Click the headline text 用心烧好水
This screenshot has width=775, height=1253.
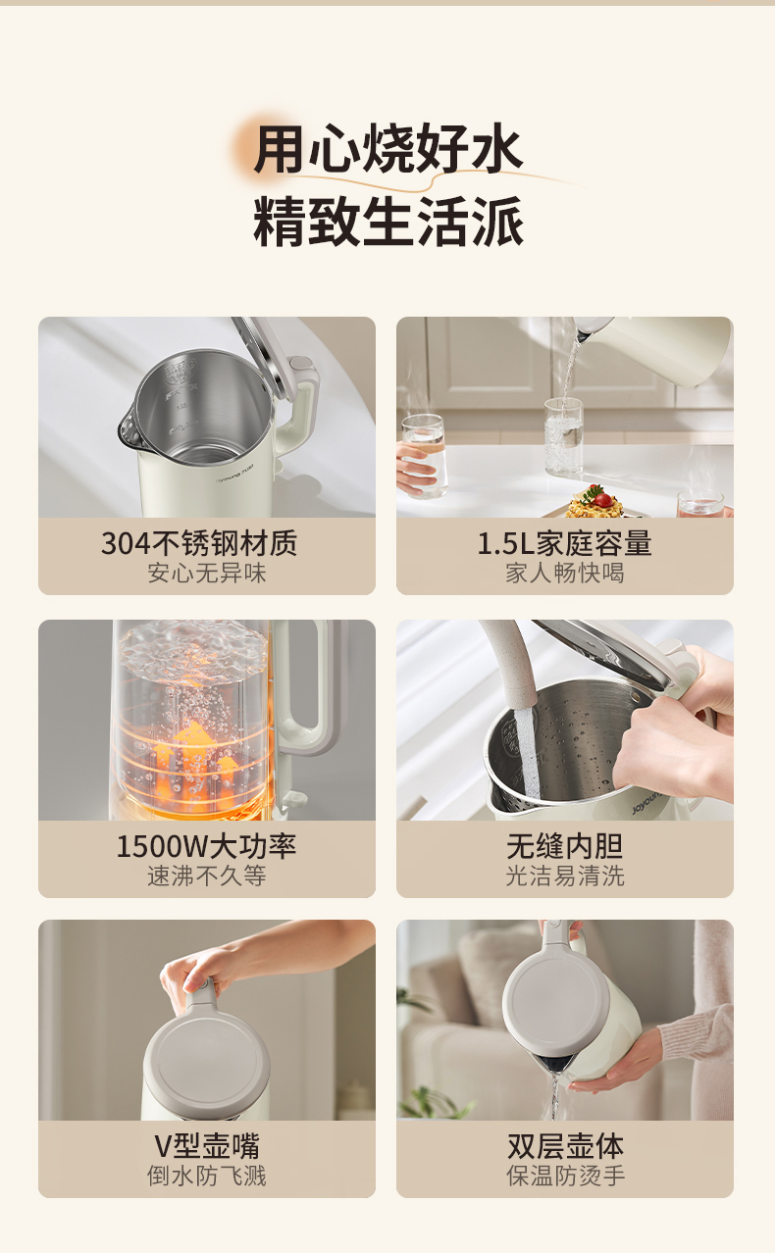pyautogui.click(x=387, y=149)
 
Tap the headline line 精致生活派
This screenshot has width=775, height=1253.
pyautogui.click(x=387, y=222)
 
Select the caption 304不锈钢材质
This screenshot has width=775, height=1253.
pyautogui.click(x=199, y=543)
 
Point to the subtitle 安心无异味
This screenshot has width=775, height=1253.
pyautogui.click(x=207, y=574)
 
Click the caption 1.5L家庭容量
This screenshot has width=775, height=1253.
pyautogui.click(x=565, y=543)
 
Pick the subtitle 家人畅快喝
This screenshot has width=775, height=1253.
pyautogui.click(x=565, y=574)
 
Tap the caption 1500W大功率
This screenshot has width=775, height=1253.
pyautogui.click(x=206, y=846)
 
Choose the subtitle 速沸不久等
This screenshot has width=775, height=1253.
pyautogui.click(x=207, y=876)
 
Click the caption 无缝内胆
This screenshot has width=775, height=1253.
pyautogui.click(x=565, y=846)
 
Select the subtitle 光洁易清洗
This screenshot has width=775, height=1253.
pyautogui.click(x=565, y=876)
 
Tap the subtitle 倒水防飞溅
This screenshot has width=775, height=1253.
pyautogui.click(x=207, y=1176)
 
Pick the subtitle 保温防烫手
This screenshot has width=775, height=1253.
pyautogui.click(x=565, y=1176)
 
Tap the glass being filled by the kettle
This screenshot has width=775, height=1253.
pyautogui.click(x=564, y=436)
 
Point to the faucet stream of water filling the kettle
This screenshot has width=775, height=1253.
pyautogui.click(x=527, y=752)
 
